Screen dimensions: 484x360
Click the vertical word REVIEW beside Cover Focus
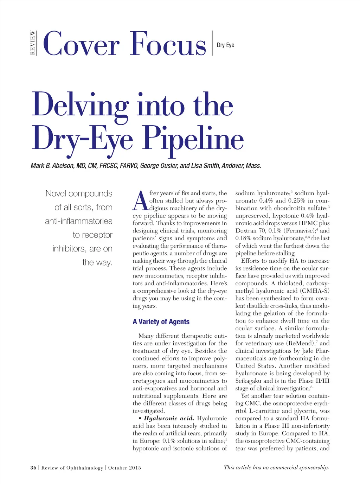pos(33,43)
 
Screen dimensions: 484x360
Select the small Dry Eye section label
pos(225,45)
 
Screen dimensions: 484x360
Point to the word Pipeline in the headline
pos(193,138)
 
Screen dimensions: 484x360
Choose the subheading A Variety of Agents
pos(161,321)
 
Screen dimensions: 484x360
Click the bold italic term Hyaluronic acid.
pos(169,418)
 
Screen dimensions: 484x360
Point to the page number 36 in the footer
pos(33,467)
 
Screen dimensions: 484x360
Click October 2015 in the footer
pos(124,467)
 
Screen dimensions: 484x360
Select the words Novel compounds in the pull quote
pos(79,193)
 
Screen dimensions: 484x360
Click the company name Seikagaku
pos(249,381)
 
